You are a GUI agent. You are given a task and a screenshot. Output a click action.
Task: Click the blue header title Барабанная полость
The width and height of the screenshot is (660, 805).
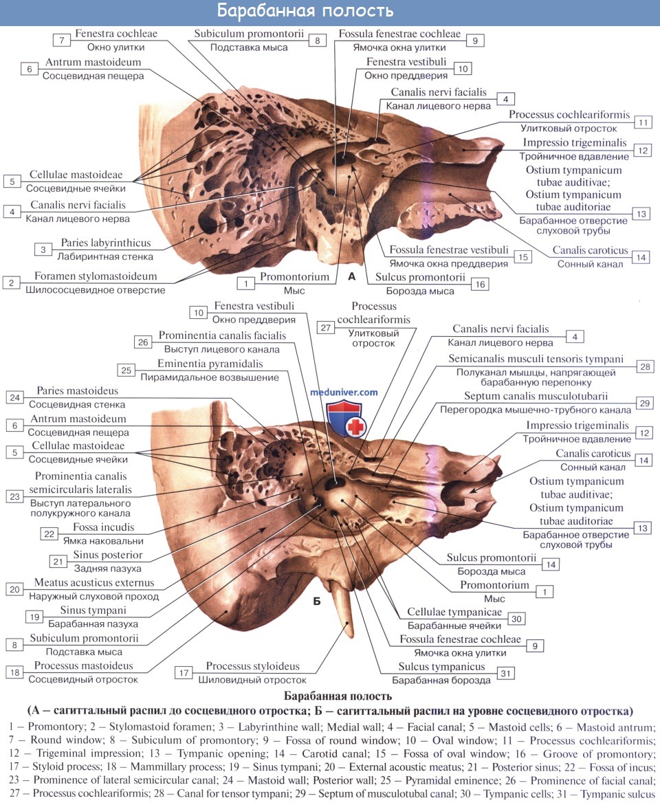305,11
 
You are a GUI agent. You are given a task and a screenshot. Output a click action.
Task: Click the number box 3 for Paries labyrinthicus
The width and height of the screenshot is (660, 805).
43,250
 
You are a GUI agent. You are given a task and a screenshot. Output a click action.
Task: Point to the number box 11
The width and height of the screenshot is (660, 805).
643,122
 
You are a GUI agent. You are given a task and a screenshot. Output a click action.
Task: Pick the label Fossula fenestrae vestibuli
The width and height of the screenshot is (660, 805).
449,250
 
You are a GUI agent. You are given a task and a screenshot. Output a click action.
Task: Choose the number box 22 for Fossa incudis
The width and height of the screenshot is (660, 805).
49,534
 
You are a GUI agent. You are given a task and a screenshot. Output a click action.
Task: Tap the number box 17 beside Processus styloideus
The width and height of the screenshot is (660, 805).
184,673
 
